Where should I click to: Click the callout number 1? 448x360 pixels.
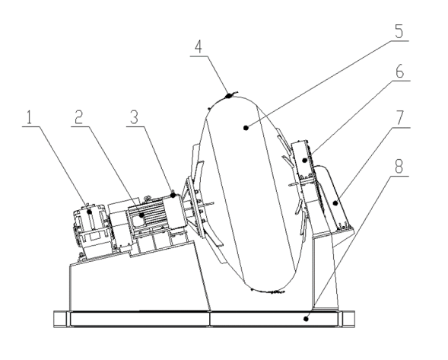[x=29, y=117]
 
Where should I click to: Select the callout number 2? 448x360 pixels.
[x=78, y=117]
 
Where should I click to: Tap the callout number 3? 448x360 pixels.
[x=134, y=117]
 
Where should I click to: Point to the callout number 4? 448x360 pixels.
[x=199, y=47]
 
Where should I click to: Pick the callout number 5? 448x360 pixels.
[x=399, y=31]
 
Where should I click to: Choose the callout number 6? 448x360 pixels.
[x=400, y=72]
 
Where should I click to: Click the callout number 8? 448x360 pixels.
[x=399, y=166]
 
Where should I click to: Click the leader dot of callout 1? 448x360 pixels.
[x=90, y=212]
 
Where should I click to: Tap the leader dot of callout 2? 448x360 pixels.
[x=141, y=215]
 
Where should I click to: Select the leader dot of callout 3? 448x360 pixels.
[x=173, y=195]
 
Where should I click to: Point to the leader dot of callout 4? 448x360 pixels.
[x=228, y=96]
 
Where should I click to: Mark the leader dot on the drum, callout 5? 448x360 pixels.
[x=246, y=128]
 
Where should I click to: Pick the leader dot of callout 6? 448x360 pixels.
[x=305, y=160]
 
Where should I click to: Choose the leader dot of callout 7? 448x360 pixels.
[x=335, y=203]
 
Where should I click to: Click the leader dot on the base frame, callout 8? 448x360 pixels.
[x=307, y=319]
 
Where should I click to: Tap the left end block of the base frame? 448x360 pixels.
[x=60, y=319]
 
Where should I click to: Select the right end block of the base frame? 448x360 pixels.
[x=348, y=319]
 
